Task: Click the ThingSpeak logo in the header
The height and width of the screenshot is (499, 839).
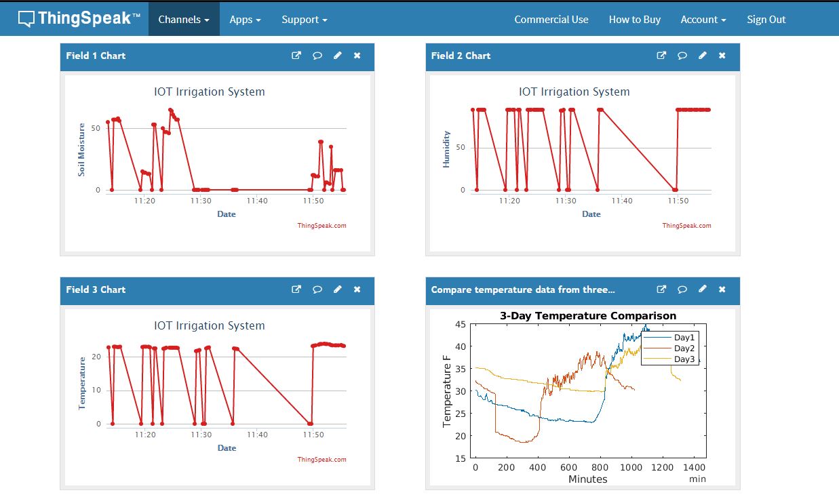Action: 79,18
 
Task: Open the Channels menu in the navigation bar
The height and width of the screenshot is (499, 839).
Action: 183,20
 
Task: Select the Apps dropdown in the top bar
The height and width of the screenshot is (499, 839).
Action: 245,20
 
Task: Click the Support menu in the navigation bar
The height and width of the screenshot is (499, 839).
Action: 304,20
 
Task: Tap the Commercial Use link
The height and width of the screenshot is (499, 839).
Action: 551,20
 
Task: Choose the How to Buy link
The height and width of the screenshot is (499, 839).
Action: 634,20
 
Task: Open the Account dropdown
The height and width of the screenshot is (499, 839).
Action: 703,20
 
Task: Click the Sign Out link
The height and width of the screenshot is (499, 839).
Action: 766,20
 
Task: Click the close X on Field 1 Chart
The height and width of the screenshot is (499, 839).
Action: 357,56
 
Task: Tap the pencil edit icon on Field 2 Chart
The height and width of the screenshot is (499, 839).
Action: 703,56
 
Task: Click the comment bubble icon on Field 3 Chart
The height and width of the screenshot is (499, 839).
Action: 317,290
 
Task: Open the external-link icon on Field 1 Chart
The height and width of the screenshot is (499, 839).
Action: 296,56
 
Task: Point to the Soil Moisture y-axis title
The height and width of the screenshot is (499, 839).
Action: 81,150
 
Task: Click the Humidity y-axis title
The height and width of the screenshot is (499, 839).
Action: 446,150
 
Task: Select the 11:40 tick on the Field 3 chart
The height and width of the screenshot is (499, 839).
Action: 257,435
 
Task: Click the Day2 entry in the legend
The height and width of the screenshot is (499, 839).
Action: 684,348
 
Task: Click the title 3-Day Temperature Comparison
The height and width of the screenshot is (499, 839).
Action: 587,316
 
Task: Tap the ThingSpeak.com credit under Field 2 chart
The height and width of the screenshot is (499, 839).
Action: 686,226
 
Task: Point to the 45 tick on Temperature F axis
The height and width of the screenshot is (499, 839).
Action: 460,324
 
